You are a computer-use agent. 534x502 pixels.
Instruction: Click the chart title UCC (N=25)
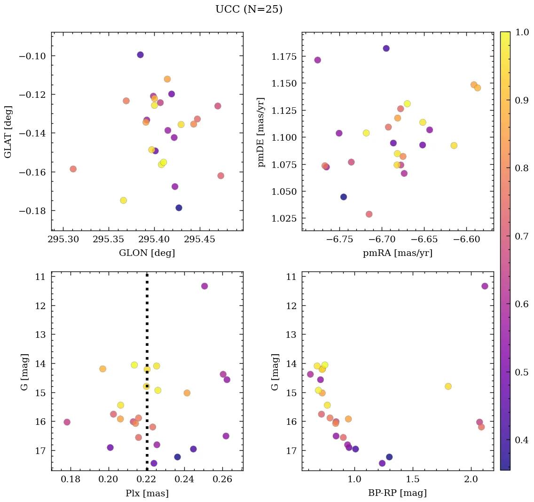tap(249, 9)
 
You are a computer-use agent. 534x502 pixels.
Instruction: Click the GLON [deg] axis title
tap(147, 253)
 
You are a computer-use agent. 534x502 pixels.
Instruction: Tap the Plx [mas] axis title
tap(147, 493)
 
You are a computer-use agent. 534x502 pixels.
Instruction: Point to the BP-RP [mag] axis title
tap(397, 493)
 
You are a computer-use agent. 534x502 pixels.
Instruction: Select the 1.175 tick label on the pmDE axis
tap(283, 57)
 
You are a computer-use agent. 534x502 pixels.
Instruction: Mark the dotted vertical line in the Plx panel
tap(147, 329)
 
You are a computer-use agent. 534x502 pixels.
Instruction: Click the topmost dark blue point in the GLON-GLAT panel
tap(140, 55)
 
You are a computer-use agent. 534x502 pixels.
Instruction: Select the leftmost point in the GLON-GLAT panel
tap(73, 169)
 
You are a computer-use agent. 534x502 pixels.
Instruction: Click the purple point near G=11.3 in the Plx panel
tap(204, 286)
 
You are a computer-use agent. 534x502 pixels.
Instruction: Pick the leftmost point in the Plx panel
tap(67, 422)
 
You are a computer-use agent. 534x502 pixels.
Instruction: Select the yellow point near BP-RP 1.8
tap(448, 386)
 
